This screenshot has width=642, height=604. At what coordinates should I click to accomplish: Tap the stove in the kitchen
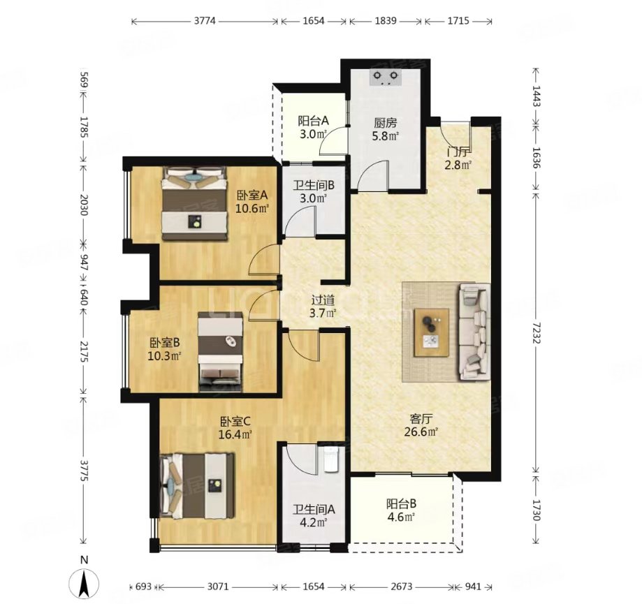(386, 77)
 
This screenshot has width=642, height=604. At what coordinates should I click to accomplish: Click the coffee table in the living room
(432, 333)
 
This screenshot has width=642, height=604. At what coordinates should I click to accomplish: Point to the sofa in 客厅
(474, 332)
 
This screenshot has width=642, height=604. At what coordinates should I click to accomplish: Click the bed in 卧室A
(194, 203)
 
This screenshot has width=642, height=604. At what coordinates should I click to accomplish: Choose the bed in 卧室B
(220, 352)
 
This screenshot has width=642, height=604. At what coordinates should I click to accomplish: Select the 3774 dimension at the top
(204, 20)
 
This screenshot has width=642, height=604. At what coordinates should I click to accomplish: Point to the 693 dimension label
(143, 587)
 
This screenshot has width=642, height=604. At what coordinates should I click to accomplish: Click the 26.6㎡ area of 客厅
(421, 432)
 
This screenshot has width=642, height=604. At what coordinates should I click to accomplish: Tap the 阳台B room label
(401, 503)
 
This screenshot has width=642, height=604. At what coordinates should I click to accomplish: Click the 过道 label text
(323, 300)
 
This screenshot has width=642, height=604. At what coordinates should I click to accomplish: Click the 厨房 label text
(386, 123)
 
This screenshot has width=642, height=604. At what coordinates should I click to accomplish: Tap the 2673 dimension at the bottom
(401, 587)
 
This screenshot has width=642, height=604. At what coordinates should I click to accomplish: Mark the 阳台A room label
(313, 121)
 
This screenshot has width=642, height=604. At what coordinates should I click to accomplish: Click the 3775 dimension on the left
(84, 470)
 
